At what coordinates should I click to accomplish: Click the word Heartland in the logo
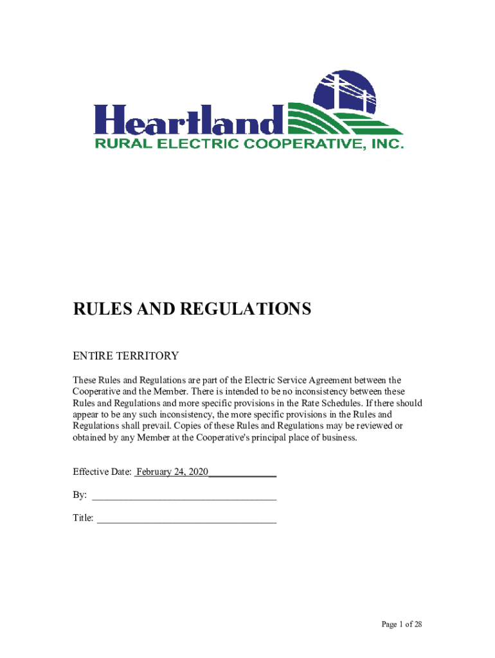[189, 120]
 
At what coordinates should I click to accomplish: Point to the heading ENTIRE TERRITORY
[125, 356]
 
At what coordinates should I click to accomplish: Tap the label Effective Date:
[102, 472]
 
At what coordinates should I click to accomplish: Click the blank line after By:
[185, 495]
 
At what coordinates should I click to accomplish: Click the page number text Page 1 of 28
[401, 625]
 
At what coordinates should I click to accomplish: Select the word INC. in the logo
[388, 144]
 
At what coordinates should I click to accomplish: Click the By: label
[80, 495]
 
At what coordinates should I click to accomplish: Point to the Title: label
[83, 518]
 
